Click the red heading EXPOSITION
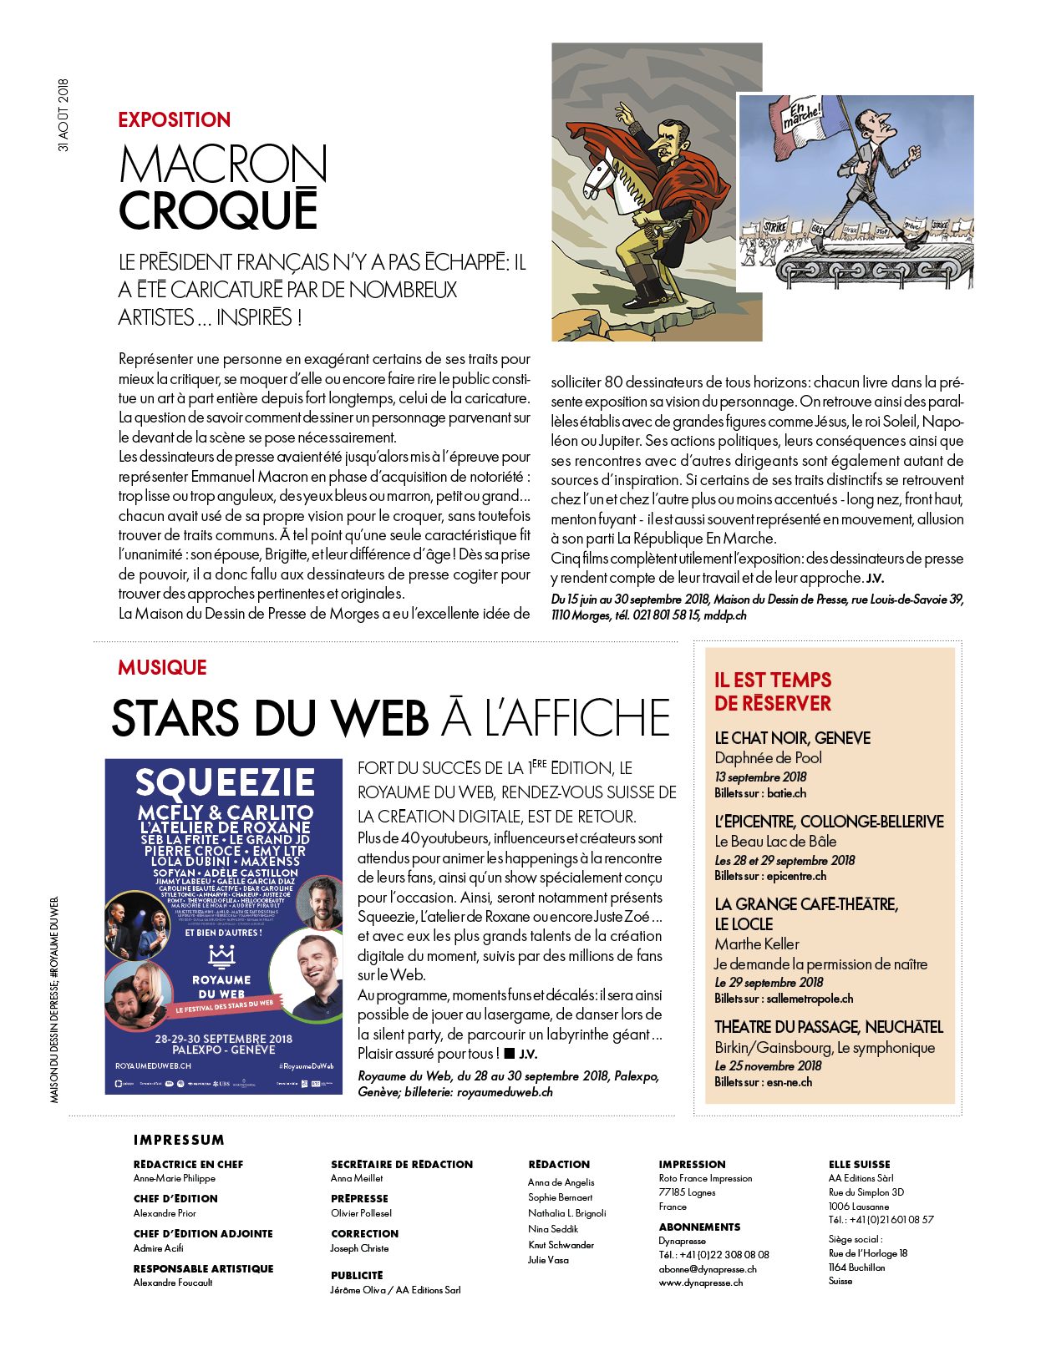click(174, 120)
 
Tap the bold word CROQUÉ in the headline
click(218, 210)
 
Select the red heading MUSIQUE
click(162, 668)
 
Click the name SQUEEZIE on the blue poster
click(225, 782)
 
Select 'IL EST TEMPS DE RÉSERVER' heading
click(773, 691)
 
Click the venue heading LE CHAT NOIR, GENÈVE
click(792, 738)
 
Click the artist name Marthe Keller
click(757, 944)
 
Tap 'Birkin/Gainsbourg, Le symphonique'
click(825, 1048)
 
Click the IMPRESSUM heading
click(179, 1140)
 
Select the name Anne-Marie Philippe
click(175, 1178)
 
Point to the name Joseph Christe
click(359, 1248)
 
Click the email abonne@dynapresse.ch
click(708, 1269)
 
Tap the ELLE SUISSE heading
click(859, 1164)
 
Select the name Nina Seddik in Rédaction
click(553, 1229)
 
